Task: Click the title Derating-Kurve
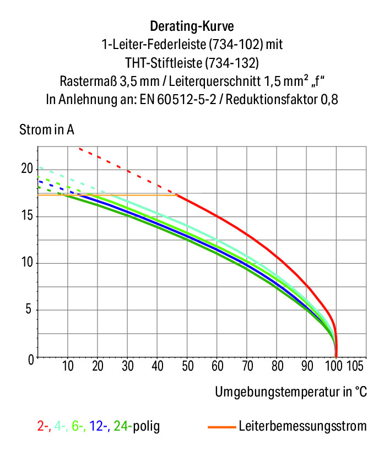192,26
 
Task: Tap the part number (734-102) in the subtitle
236,45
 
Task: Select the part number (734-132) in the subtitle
232,63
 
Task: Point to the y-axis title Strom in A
47,130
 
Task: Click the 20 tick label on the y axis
27,169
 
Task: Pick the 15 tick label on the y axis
27,216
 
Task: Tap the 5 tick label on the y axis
28,309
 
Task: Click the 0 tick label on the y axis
31,360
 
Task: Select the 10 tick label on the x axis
68,366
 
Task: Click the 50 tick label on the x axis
188,366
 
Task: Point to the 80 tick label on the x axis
278,366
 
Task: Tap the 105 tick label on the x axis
355,366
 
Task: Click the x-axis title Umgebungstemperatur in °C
291,392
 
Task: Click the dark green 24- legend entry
123,426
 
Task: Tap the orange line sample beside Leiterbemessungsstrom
221,427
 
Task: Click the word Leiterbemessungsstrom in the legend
303,426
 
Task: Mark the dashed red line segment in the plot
127,171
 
